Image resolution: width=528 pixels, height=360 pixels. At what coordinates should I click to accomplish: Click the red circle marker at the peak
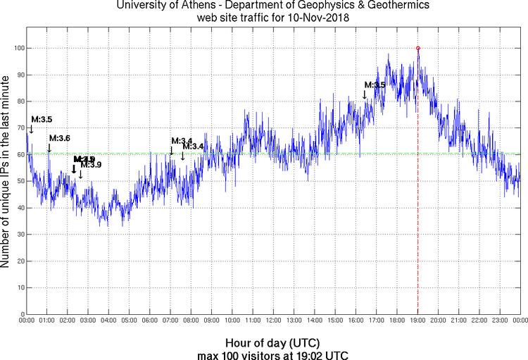pyautogui.click(x=418, y=48)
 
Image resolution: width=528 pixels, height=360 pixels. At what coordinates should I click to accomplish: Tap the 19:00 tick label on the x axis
pyautogui.click(x=418, y=321)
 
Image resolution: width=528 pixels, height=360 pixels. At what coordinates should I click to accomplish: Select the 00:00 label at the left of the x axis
pyautogui.click(x=26, y=321)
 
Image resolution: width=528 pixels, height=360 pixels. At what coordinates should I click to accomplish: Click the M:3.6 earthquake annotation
pyautogui.click(x=59, y=138)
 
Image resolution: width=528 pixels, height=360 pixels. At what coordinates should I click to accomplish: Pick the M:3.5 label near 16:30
pyautogui.click(x=375, y=85)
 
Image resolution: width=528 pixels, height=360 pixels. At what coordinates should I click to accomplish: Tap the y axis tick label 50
pyautogui.click(x=18, y=181)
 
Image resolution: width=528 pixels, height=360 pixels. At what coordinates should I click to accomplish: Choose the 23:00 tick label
pyautogui.click(x=501, y=321)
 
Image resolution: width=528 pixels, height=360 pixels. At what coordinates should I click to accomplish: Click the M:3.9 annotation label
pyautogui.click(x=91, y=165)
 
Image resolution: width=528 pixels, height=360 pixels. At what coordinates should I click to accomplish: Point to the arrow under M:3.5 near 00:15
pyautogui.click(x=31, y=129)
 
